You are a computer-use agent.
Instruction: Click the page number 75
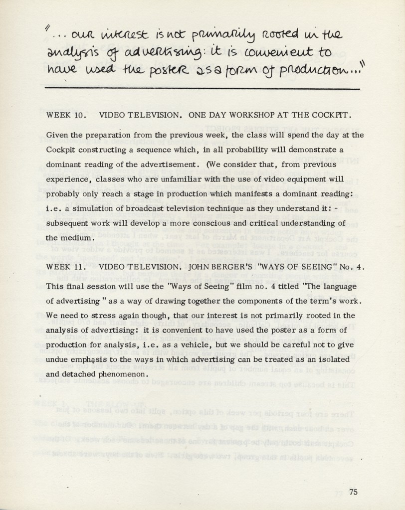tap(353, 492)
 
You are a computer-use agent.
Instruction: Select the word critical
tap(277, 223)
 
